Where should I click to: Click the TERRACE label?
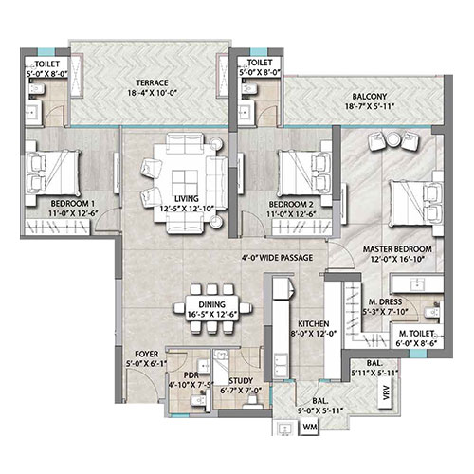pyautogui.click(x=152, y=82)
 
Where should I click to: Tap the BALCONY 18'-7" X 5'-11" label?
pyautogui.click(x=370, y=101)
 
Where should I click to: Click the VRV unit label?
pyautogui.click(x=387, y=392)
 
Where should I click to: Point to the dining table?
pyautogui.click(x=212, y=308)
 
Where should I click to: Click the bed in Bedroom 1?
pyautogui.click(x=53, y=173)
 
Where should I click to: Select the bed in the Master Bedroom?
pyautogui.click(x=416, y=203)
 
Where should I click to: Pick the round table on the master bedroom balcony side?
pyautogui.click(x=393, y=140)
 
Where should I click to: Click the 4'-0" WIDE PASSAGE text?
pyautogui.click(x=277, y=258)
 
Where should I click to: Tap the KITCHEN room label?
pyautogui.click(x=314, y=323)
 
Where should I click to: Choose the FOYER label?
pyautogui.click(x=146, y=354)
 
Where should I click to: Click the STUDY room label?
pyautogui.click(x=241, y=381)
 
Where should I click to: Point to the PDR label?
pyautogui.click(x=191, y=375)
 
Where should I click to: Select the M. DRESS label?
pyautogui.click(x=385, y=301)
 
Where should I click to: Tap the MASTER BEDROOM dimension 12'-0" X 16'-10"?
pyautogui.click(x=397, y=259)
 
